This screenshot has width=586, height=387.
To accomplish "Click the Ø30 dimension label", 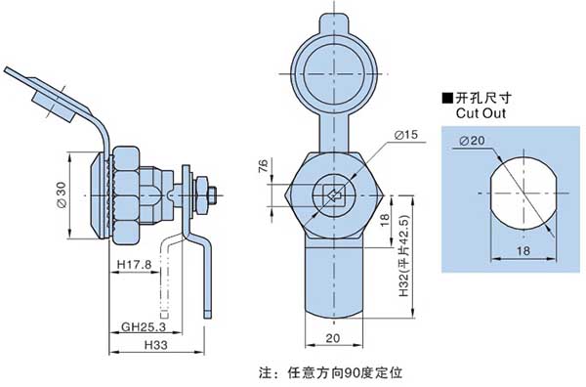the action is click(x=62, y=194).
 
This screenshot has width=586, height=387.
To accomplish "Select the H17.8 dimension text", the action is click(x=135, y=265).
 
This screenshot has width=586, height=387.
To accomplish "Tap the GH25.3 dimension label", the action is click(x=144, y=327).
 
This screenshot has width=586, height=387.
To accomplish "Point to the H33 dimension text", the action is click(x=156, y=345).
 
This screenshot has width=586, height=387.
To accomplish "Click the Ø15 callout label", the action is click(x=406, y=135).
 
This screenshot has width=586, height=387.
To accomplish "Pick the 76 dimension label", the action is click(x=263, y=166).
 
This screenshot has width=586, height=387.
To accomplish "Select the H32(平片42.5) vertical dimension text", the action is click(x=404, y=257).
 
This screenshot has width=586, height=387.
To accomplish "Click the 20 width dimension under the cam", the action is click(x=333, y=338).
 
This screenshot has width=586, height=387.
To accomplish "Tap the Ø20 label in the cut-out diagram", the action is click(x=472, y=141).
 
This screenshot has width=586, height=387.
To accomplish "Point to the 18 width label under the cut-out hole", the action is click(x=523, y=250).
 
